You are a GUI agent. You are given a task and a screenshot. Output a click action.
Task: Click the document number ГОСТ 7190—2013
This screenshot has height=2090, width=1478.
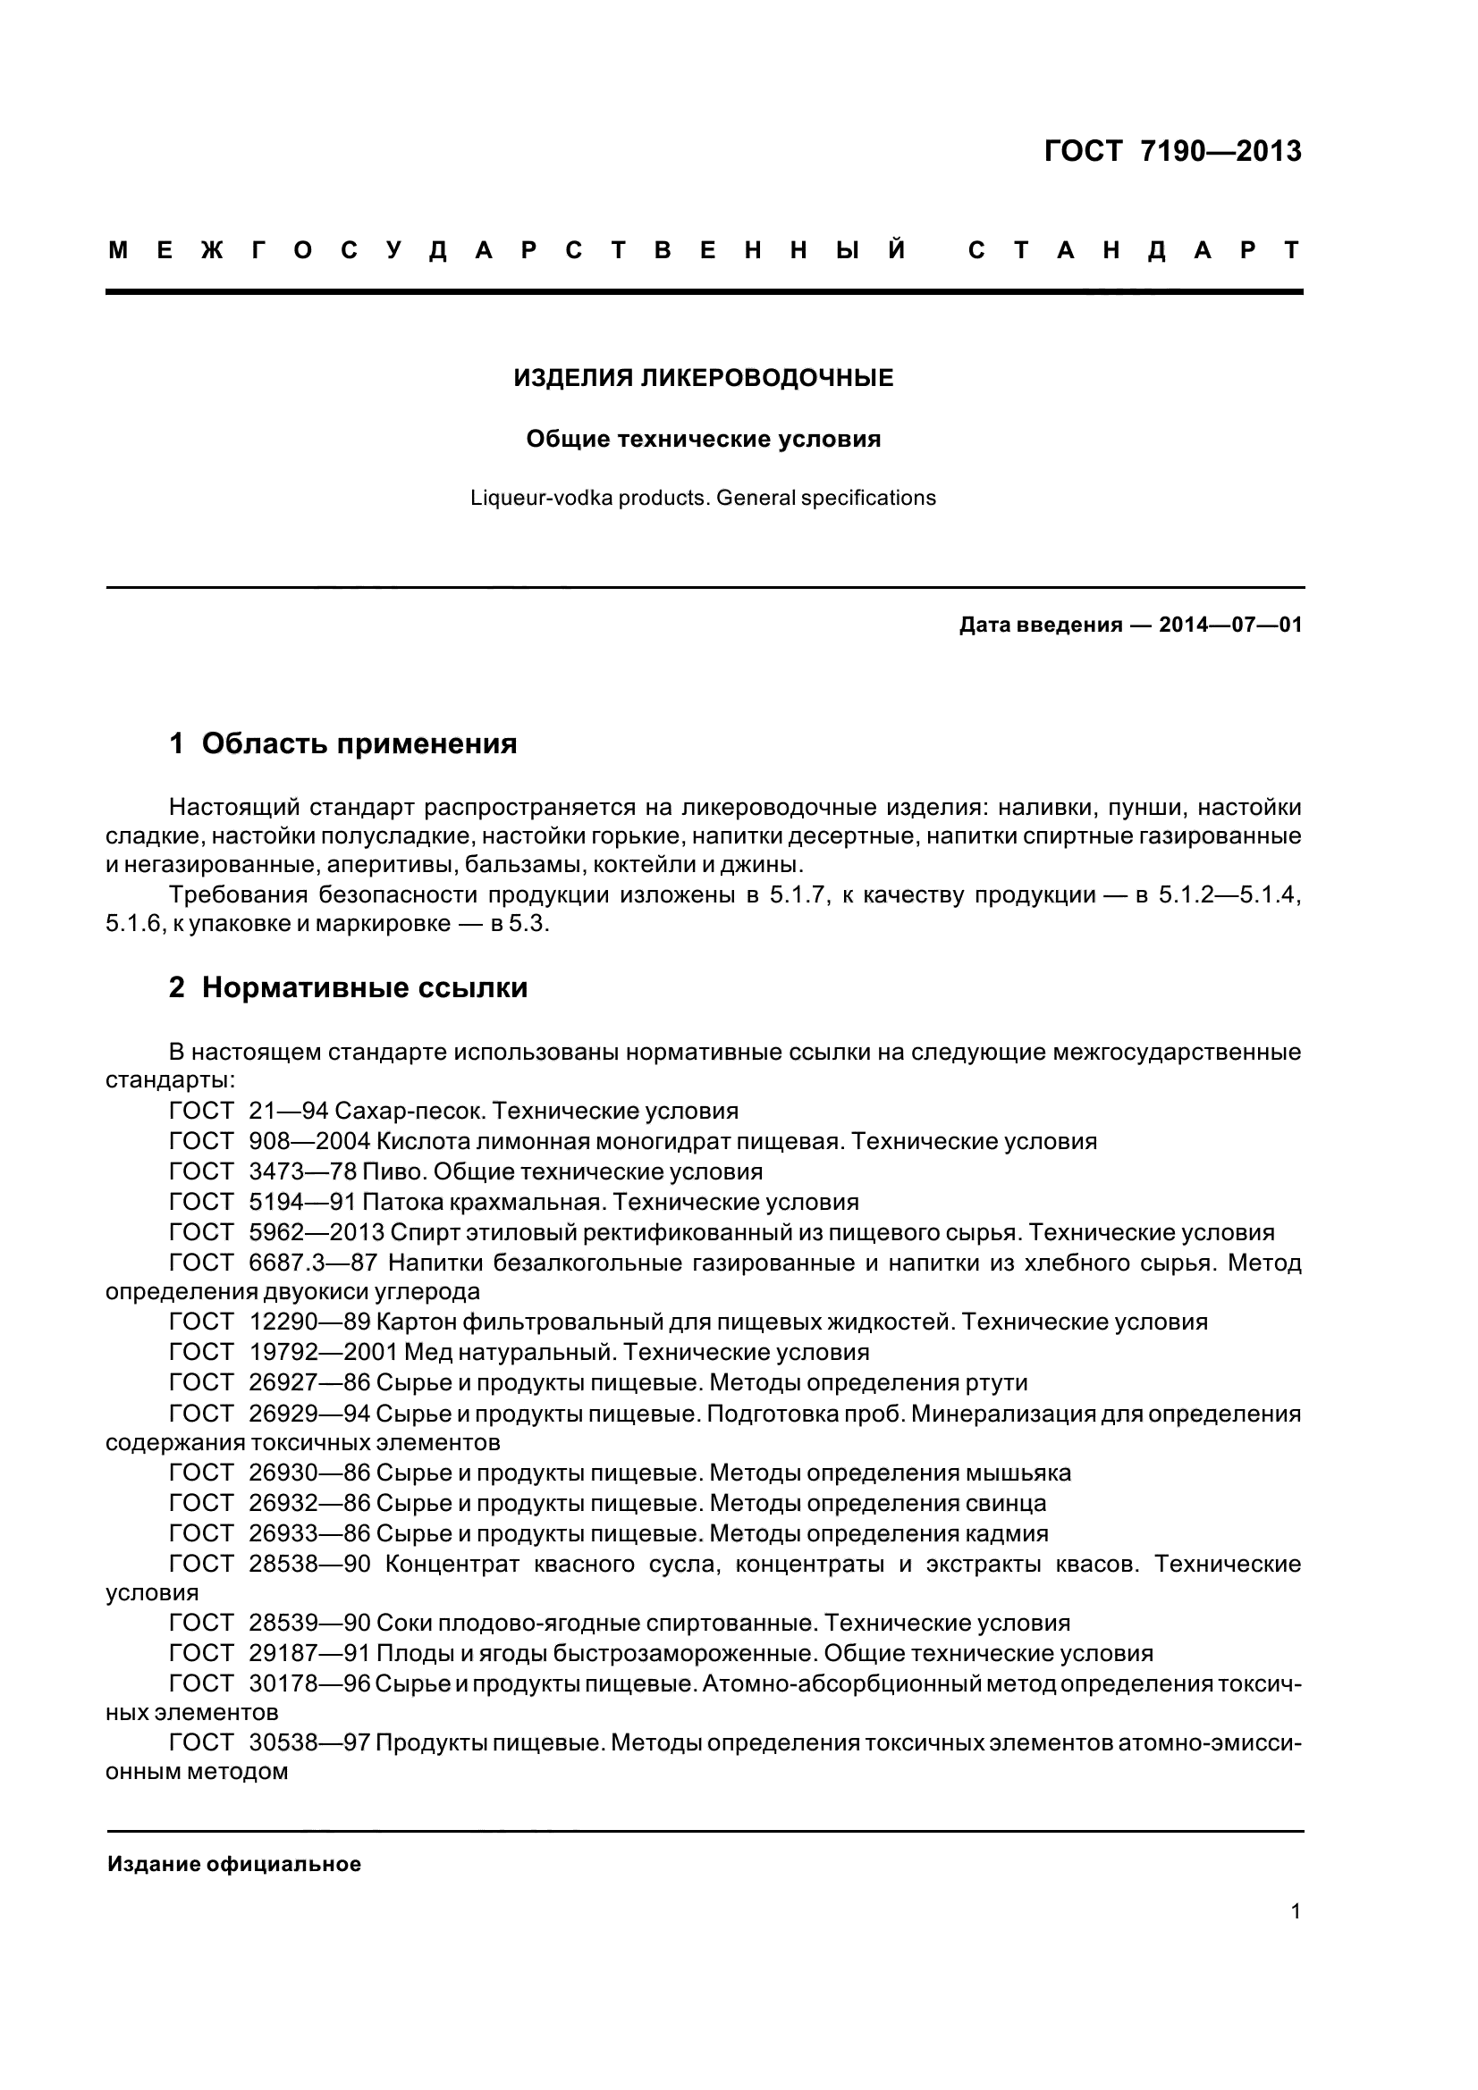pyautogui.click(x=1173, y=151)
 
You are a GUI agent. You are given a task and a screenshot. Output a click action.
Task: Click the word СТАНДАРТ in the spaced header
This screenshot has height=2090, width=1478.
pyautogui.click(x=1134, y=250)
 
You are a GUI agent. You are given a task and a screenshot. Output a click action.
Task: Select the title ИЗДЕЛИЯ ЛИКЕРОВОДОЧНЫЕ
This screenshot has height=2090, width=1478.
pyautogui.click(x=703, y=378)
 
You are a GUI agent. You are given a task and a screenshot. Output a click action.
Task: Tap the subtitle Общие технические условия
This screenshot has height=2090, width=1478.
pyautogui.click(x=703, y=440)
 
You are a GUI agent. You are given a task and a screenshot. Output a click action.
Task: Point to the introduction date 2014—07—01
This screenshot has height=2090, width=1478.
pyautogui.click(x=1230, y=625)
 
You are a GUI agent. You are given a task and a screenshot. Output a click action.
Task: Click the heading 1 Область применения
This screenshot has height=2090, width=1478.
pyautogui.click(x=342, y=743)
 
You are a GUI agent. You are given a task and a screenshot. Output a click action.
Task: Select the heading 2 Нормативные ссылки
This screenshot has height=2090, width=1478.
pyautogui.click(x=348, y=987)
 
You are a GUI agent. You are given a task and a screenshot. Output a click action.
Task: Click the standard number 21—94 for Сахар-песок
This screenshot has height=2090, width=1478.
pyautogui.click(x=288, y=1112)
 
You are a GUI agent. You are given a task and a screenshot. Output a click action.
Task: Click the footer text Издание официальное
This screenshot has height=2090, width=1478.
pyautogui.click(x=234, y=1864)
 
